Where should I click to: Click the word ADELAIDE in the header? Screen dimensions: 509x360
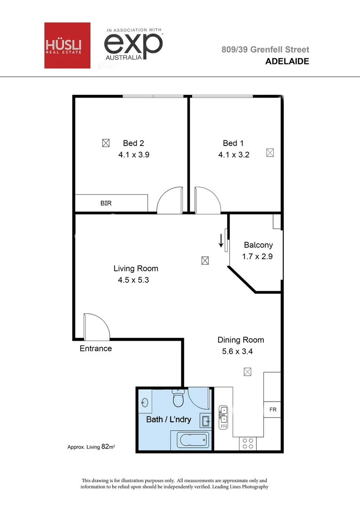pyautogui.click(x=287, y=61)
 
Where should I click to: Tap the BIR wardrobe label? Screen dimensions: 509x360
pyautogui.click(x=106, y=204)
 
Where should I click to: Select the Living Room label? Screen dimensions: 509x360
pyautogui.click(x=136, y=269)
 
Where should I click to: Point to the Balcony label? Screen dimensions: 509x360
pyautogui.click(x=258, y=245)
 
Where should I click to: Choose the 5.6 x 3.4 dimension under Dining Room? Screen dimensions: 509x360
pyautogui.click(x=237, y=351)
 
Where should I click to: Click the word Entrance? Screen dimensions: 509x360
pyautogui.click(x=96, y=349)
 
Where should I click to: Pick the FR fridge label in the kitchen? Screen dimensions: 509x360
pyautogui.click(x=273, y=410)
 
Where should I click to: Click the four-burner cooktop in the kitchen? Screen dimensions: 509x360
pyautogui.click(x=247, y=443)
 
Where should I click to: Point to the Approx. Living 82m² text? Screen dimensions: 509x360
pyautogui.click(x=91, y=446)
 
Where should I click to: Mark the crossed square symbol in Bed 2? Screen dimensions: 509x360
pyautogui.click(x=106, y=142)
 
